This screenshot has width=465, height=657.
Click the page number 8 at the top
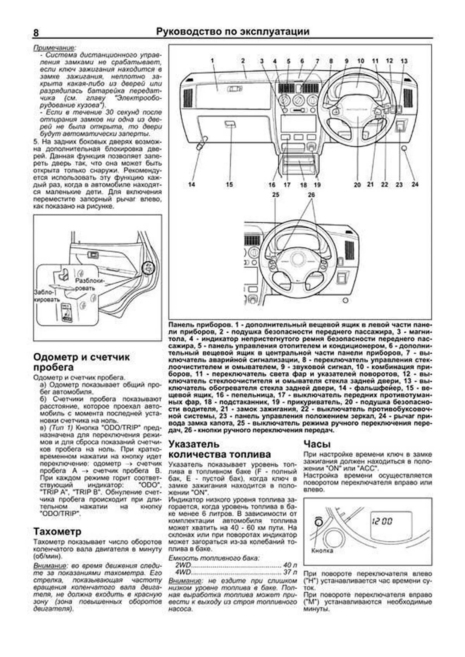coord(36,33)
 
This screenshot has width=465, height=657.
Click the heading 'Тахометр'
coord(57,531)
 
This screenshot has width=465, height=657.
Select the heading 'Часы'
coord(317,444)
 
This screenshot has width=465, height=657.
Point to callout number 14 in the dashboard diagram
coord(191,185)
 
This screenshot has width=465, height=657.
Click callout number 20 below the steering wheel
coord(357,185)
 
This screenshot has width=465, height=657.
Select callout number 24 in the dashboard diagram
coord(415,185)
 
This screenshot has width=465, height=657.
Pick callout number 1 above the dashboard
coord(213,61)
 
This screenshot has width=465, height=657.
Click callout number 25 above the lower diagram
coord(276,195)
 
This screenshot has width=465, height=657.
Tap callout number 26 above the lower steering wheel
coord(312,195)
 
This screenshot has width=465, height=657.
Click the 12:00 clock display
coord(382,521)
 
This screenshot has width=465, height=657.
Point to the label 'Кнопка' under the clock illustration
coord(322,551)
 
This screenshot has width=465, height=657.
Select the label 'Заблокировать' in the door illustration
coord(47,296)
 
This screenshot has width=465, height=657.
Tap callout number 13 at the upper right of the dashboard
coord(404,61)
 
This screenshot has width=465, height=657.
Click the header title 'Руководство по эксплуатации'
coord(232,32)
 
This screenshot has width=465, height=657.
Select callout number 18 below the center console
coord(303,185)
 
